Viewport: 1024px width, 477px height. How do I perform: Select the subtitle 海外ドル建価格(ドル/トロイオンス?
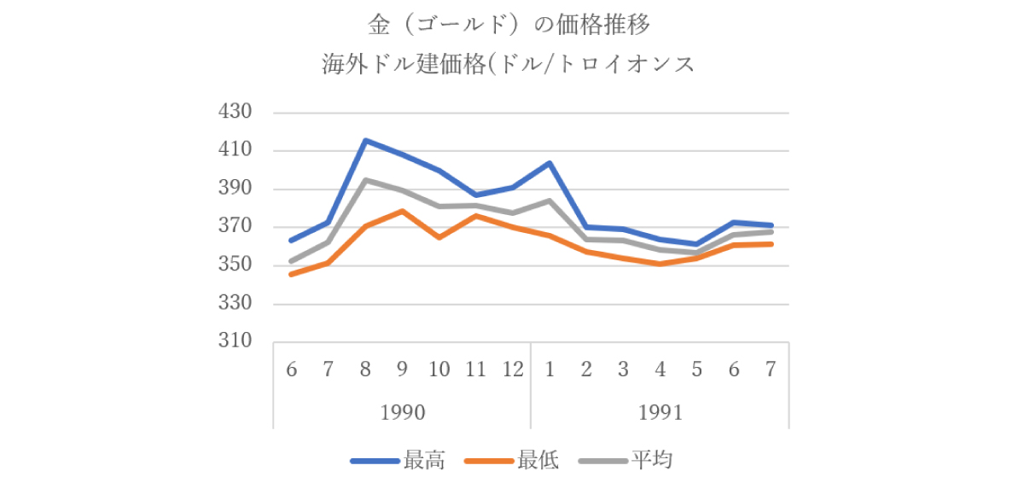[509, 64]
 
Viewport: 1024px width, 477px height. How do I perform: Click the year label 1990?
[402, 412]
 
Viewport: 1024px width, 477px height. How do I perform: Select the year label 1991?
[660, 412]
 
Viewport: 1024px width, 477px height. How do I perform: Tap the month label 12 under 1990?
[512, 369]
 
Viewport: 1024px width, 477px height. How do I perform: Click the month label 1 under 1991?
[550, 369]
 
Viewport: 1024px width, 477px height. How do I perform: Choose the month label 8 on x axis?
[365, 369]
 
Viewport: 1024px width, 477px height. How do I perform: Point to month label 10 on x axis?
[439, 369]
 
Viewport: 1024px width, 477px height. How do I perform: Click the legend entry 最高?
[424, 461]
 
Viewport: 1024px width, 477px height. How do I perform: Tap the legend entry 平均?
[652, 461]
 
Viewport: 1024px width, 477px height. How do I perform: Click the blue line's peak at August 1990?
[365, 141]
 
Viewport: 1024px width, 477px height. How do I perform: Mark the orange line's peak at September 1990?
[402, 211]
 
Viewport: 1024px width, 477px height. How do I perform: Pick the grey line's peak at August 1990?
[365, 180]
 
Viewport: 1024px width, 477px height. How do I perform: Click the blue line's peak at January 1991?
[550, 163]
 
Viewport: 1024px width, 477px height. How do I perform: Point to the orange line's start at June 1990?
[292, 274]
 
